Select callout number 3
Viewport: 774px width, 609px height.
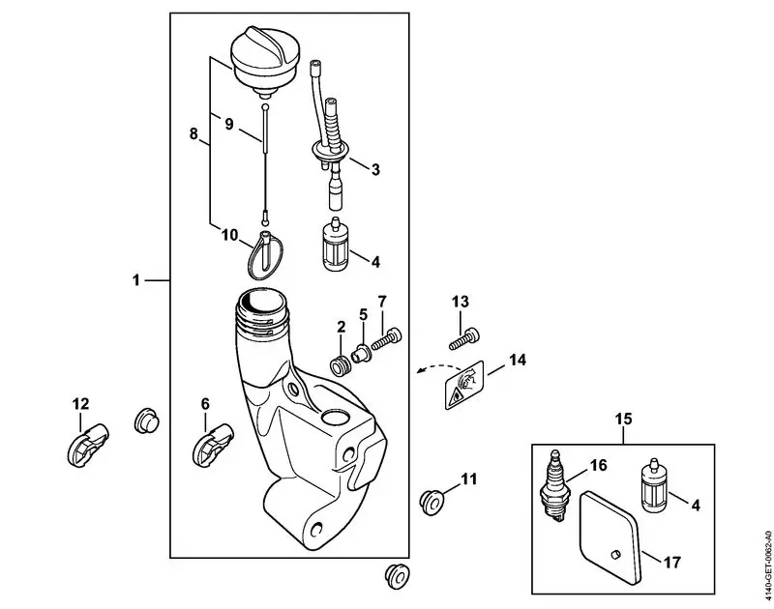coord(375,169)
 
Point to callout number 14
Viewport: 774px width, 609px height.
coord(517,360)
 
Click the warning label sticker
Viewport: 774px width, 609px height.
coord(464,385)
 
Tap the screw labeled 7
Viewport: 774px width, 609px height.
coord(386,338)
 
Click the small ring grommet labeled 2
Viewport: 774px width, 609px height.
coord(341,367)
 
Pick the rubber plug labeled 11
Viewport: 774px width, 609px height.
coord(432,502)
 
